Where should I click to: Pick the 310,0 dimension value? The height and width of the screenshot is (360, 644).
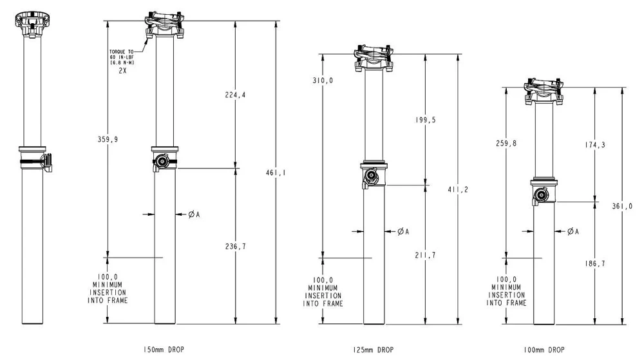pos(320,81)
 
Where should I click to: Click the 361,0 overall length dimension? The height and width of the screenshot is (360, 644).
pos(622,206)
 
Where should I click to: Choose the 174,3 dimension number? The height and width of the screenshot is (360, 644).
pos(594,145)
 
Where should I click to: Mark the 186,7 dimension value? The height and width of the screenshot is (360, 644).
pos(594,264)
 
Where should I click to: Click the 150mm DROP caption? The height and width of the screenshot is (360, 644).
pos(164,350)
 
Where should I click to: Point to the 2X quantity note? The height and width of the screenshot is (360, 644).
pos(122,71)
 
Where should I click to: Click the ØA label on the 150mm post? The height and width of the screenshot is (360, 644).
pos(194,214)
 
